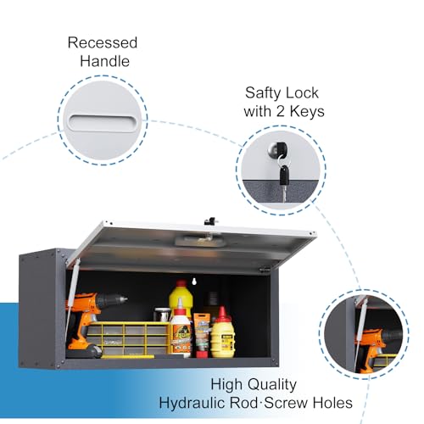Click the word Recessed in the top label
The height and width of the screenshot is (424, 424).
103,42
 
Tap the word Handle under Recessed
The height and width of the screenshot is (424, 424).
104,61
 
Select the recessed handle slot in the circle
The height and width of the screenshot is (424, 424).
103,123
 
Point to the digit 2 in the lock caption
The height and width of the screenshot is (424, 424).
280,111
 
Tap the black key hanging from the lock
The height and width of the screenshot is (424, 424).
284,175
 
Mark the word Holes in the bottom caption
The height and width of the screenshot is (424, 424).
331,403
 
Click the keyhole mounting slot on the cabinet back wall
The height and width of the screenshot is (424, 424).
194,282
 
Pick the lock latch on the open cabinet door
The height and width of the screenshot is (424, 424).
210,221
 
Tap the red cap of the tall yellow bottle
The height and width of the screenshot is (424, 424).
181,283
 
